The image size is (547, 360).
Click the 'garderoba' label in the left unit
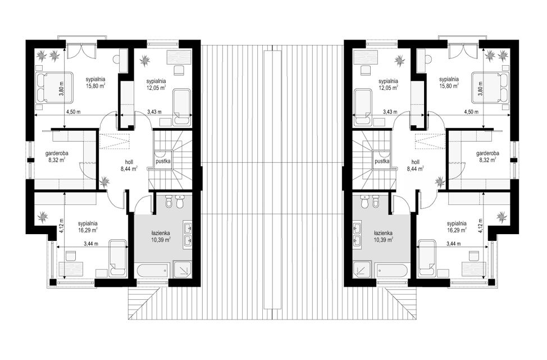[57, 153]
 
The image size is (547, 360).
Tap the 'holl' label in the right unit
[415, 162]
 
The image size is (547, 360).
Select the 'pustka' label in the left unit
[163, 162]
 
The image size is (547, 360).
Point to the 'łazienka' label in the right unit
[383, 233]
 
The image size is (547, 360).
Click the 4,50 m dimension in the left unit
[74, 112]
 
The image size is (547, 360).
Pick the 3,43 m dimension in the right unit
[390, 112]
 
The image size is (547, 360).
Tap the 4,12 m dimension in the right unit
[480, 226]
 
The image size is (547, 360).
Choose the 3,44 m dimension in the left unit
[91, 244]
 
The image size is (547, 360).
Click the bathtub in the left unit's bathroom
[152, 271]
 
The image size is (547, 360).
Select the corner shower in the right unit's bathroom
[362, 271]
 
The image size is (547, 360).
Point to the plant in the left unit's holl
[104, 181]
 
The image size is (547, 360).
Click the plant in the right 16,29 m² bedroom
[502, 217]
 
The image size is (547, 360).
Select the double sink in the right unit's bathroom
[357, 235]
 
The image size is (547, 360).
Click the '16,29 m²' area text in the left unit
[87, 230]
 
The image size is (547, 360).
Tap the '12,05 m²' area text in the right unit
[389, 88]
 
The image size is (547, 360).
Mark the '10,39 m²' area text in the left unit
[161, 240]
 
